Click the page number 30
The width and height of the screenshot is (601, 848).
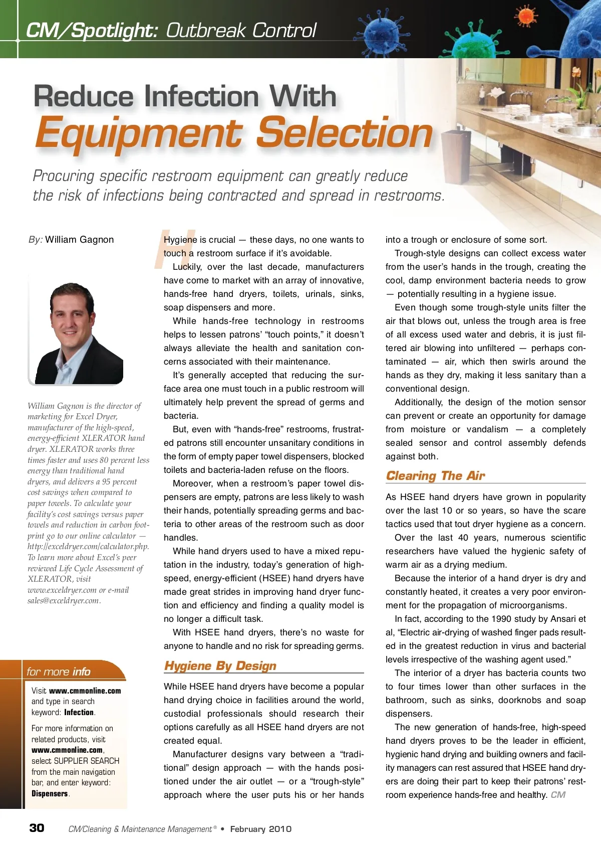point(37,828)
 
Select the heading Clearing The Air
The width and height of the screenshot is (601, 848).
point(435,475)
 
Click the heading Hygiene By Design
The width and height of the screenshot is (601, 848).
point(220,665)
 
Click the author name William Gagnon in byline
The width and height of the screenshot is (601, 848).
point(79,240)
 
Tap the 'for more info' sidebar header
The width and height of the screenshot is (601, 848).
point(59,671)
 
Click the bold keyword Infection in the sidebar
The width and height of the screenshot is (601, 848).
point(79,712)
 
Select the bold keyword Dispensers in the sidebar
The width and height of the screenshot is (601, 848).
point(50,793)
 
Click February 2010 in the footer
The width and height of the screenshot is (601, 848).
point(260,829)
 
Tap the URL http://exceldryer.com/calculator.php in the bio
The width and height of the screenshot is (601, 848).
point(88,547)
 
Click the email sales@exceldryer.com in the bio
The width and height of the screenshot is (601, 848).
point(64,601)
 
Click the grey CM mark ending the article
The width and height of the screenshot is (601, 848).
point(558,795)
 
